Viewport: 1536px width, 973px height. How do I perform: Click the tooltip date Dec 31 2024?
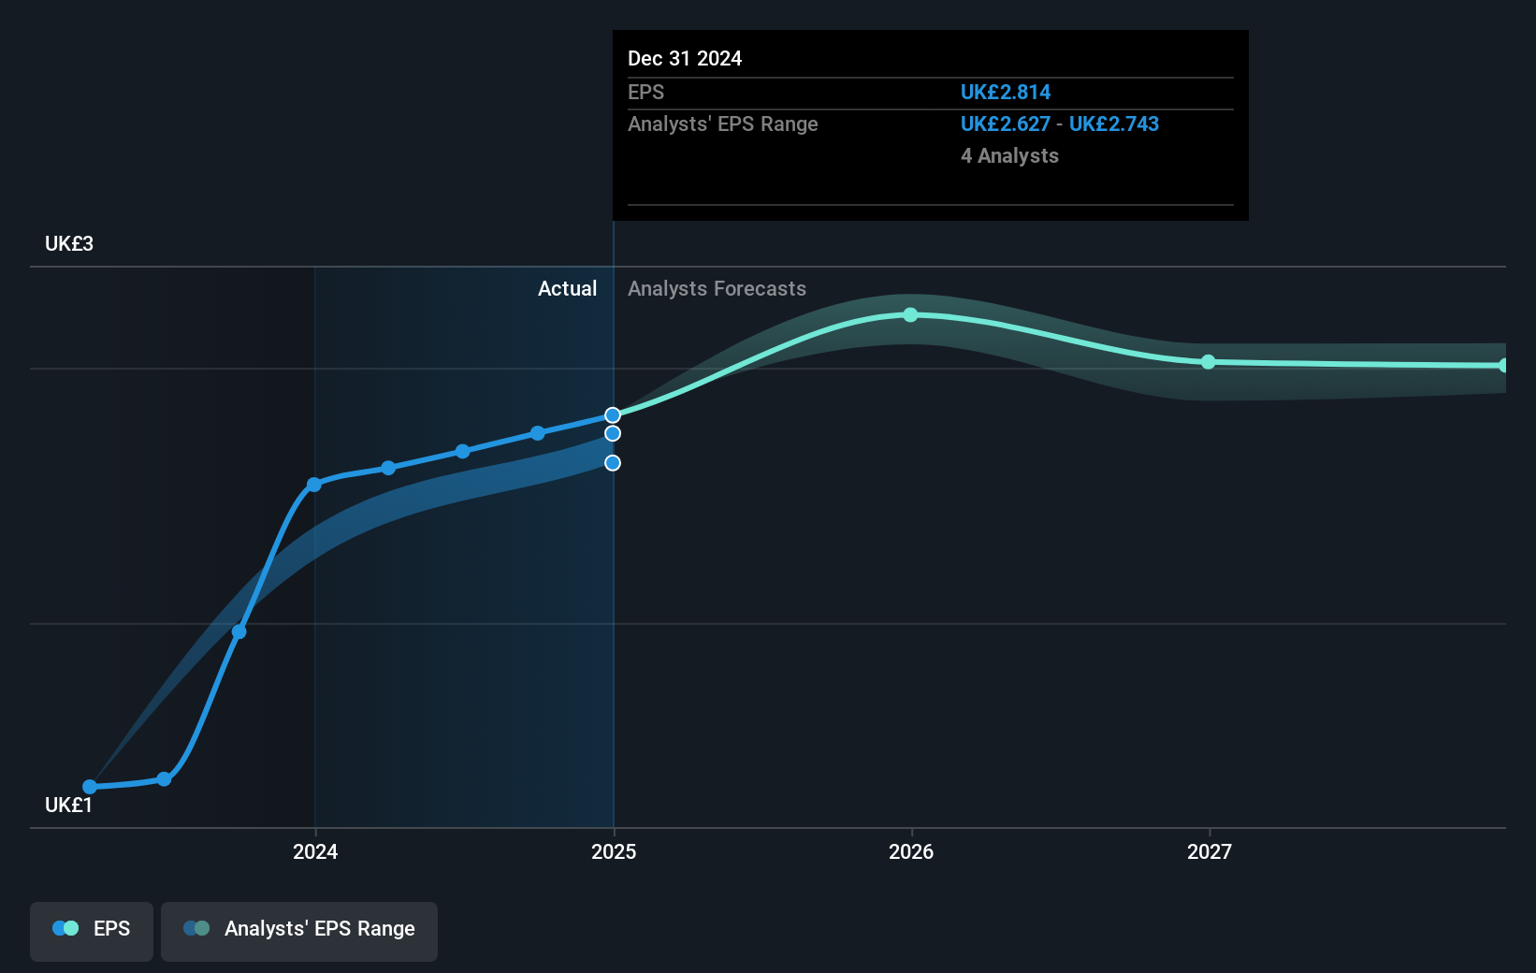[x=684, y=59]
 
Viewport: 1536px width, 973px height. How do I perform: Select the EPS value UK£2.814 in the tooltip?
[x=1005, y=93]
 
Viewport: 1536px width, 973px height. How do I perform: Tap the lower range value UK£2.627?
[x=1005, y=124]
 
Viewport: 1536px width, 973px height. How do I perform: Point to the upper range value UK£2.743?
[x=1113, y=124]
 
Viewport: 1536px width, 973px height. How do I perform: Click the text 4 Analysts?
[x=1008, y=156]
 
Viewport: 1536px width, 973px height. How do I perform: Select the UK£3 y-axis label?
[x=69, y=244]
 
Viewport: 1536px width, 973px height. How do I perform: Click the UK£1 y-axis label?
[x=69, y=806]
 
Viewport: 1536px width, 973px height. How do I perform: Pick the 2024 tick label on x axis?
[x=315, y=852]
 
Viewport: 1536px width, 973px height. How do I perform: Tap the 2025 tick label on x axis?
[x=614, y=852]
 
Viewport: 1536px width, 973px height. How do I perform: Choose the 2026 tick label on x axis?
[x=911, y=852]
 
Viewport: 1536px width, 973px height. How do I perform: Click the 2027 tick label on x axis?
[x=1209, y=852]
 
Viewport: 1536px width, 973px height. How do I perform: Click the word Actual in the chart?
[x=567, y=289]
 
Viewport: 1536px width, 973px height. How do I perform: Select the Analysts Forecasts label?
[x=717, y=289]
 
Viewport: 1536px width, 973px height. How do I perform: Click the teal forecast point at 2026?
[x=911, y=315]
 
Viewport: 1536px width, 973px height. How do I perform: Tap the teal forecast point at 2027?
[x=1208, y=362]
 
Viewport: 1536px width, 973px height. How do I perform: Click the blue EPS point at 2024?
[x=314, y=485]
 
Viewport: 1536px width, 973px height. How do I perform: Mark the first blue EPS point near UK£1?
[x=90, y=787]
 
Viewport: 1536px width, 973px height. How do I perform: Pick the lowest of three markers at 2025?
[x=613, y=463]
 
